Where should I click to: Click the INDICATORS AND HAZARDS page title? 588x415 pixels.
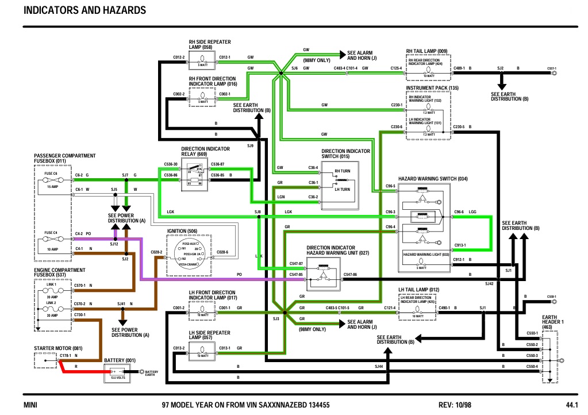84,10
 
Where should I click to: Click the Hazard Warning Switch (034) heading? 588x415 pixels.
433,179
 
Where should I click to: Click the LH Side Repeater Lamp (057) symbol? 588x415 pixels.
203,348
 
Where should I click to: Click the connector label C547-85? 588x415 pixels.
296,275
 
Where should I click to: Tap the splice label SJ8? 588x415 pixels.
258,212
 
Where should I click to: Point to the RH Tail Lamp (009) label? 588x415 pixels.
426,51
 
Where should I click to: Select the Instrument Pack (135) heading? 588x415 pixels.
432,88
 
